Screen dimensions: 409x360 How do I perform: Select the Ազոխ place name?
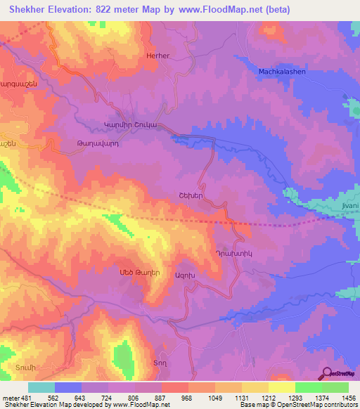coord(185,275)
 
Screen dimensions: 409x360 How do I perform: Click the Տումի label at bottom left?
coord(24,368)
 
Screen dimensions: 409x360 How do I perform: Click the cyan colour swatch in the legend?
coord(41,387)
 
